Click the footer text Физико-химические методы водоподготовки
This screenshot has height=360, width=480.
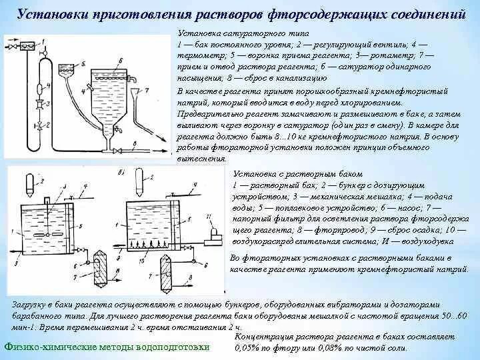click(107, 347)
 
